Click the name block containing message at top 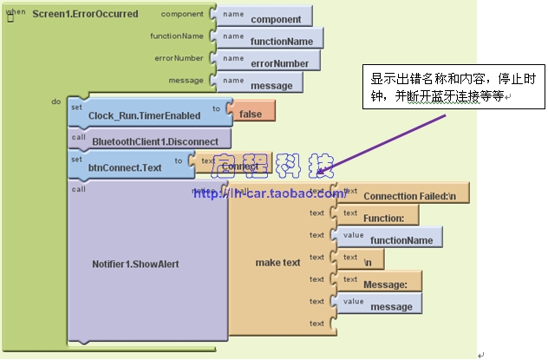point(271,85)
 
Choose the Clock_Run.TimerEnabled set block point(144,115)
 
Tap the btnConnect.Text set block point(125,167)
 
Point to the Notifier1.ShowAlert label point(137,263)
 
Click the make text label point(277,262)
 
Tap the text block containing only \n point(369,261)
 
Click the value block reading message point(390,305)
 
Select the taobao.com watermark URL point(269,193)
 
